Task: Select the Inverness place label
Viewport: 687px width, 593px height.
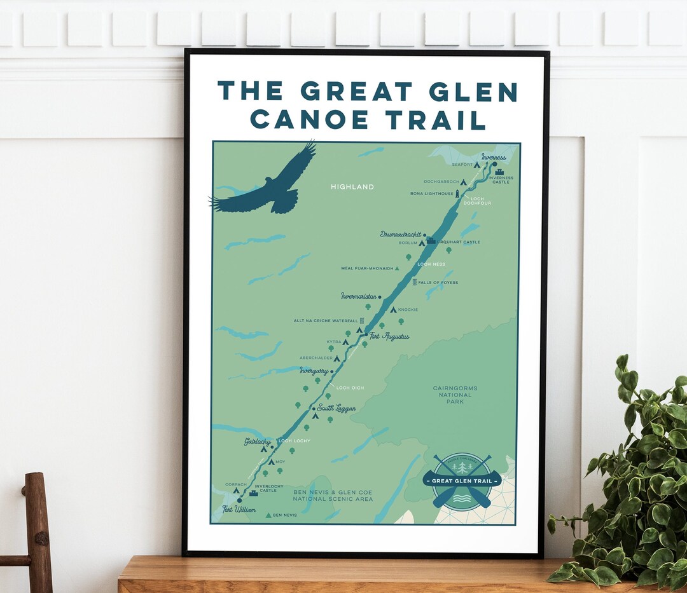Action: tap(494, 157)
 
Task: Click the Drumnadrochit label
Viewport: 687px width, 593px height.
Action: tap(401, 235)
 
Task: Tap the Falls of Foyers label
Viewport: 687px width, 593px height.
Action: tap(438, 282)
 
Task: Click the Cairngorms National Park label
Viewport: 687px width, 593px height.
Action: tap(455, 395)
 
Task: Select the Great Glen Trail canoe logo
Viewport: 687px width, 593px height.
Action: tap(462, 481)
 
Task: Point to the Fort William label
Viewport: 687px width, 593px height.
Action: tap(239, 510)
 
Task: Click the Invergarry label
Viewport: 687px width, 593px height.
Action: tap(314, 370)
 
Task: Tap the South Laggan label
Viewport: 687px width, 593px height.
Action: tap(337, 408)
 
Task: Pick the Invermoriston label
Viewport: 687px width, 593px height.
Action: tap(359, 296)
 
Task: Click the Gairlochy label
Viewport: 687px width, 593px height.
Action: tap(258, 441)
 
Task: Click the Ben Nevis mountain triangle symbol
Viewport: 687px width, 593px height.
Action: tap(268, 515)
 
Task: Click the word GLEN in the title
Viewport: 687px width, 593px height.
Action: tap(473, 92)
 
